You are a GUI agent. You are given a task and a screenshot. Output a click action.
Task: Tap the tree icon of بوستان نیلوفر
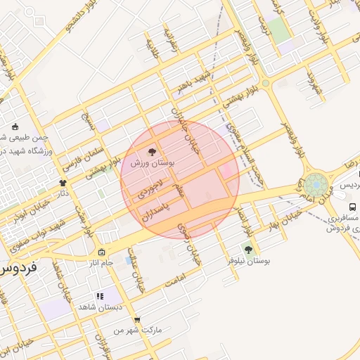pos(247,249)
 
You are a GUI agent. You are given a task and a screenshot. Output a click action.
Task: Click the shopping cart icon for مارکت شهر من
pos(136,319)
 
